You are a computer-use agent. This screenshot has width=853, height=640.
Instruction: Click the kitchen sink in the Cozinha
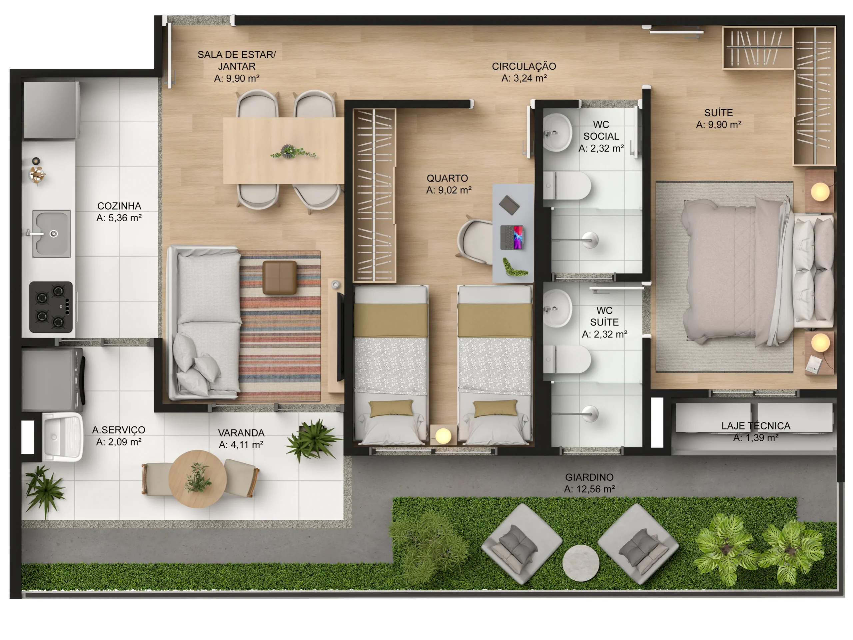click(51, 234)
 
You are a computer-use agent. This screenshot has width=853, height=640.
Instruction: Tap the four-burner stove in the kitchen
click(51, 307)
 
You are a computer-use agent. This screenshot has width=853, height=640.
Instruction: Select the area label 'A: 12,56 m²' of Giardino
click(589, 489)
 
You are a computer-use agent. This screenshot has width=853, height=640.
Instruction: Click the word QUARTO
click(447, 178)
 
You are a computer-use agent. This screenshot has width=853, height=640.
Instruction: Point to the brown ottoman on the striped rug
click(280, 277)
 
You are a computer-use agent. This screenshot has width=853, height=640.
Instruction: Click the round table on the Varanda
click(198, 479)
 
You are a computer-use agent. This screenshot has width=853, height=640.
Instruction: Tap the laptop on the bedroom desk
click(512, 238)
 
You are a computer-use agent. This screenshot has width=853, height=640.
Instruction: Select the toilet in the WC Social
click(567, 186)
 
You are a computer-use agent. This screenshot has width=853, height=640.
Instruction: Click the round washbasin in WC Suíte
click(557, 309)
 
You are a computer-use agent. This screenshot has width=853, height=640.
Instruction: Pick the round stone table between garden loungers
click(581, 563)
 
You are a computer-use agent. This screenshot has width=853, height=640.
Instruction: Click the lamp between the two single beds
click(443, 436)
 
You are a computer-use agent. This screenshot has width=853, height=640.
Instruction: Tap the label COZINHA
click(119, 206)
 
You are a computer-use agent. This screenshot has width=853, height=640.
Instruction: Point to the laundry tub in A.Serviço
click(62, 437)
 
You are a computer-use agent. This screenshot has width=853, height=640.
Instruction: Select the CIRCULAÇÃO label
click(524, 66)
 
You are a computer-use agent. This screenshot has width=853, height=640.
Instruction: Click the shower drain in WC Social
click(590, 240)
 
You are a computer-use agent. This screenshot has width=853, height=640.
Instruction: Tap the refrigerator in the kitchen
click(51, 110)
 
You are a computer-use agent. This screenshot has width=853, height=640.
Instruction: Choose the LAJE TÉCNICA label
click(756, 426)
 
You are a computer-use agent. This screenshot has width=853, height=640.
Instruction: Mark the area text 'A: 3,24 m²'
click(524, 78)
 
